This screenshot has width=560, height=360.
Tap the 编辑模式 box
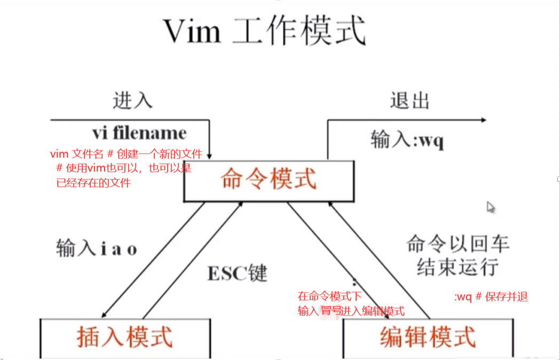click(427, 337)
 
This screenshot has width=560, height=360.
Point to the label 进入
click(133, 100)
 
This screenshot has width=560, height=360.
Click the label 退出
click(410, 100)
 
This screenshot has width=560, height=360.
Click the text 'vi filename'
click(139, 132)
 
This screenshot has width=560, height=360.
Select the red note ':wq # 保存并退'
click(491, 298)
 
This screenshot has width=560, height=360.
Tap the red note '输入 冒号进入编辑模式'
click(351, 311)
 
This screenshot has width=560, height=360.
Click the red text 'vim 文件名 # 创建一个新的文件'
click(126, 154)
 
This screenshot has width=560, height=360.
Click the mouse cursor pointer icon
click(491, 207)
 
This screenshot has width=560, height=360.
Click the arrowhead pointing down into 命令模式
click(211, 155)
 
